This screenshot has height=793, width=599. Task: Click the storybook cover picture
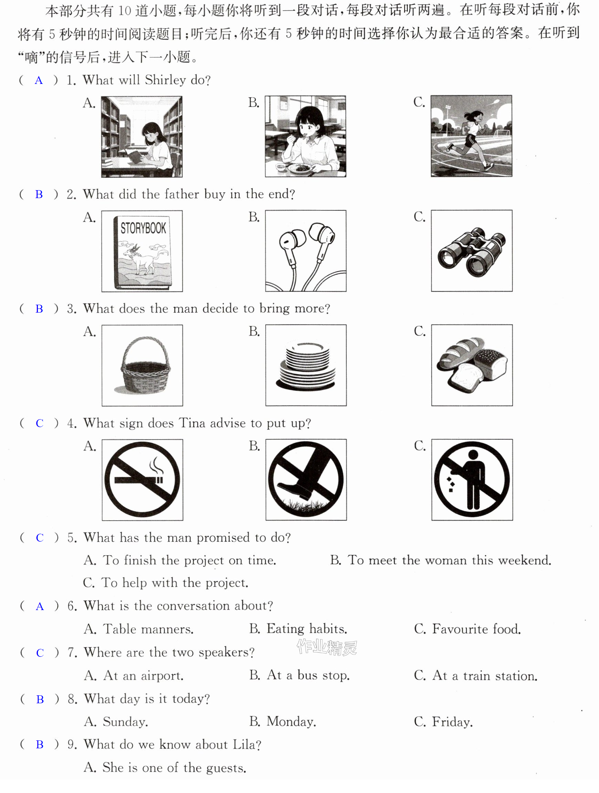(142, 251)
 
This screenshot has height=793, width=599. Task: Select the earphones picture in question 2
(306, 251)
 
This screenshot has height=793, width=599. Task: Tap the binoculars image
(472, 251)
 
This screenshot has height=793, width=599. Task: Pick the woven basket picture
(142, 365)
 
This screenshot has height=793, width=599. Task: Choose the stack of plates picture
(306, 365)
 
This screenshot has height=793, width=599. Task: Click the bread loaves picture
(472, 365)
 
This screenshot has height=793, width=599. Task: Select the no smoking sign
(142, 480)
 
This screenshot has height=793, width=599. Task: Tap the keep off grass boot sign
(306, 480)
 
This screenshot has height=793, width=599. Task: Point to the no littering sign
(472, 480)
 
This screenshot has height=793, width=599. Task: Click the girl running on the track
(471, 136)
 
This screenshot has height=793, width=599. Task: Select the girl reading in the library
(142, 137)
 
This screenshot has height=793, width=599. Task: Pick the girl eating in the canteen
(306, 136)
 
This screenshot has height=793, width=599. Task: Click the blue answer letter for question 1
(39, 81)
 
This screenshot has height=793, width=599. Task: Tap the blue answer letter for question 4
(40, 423)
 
